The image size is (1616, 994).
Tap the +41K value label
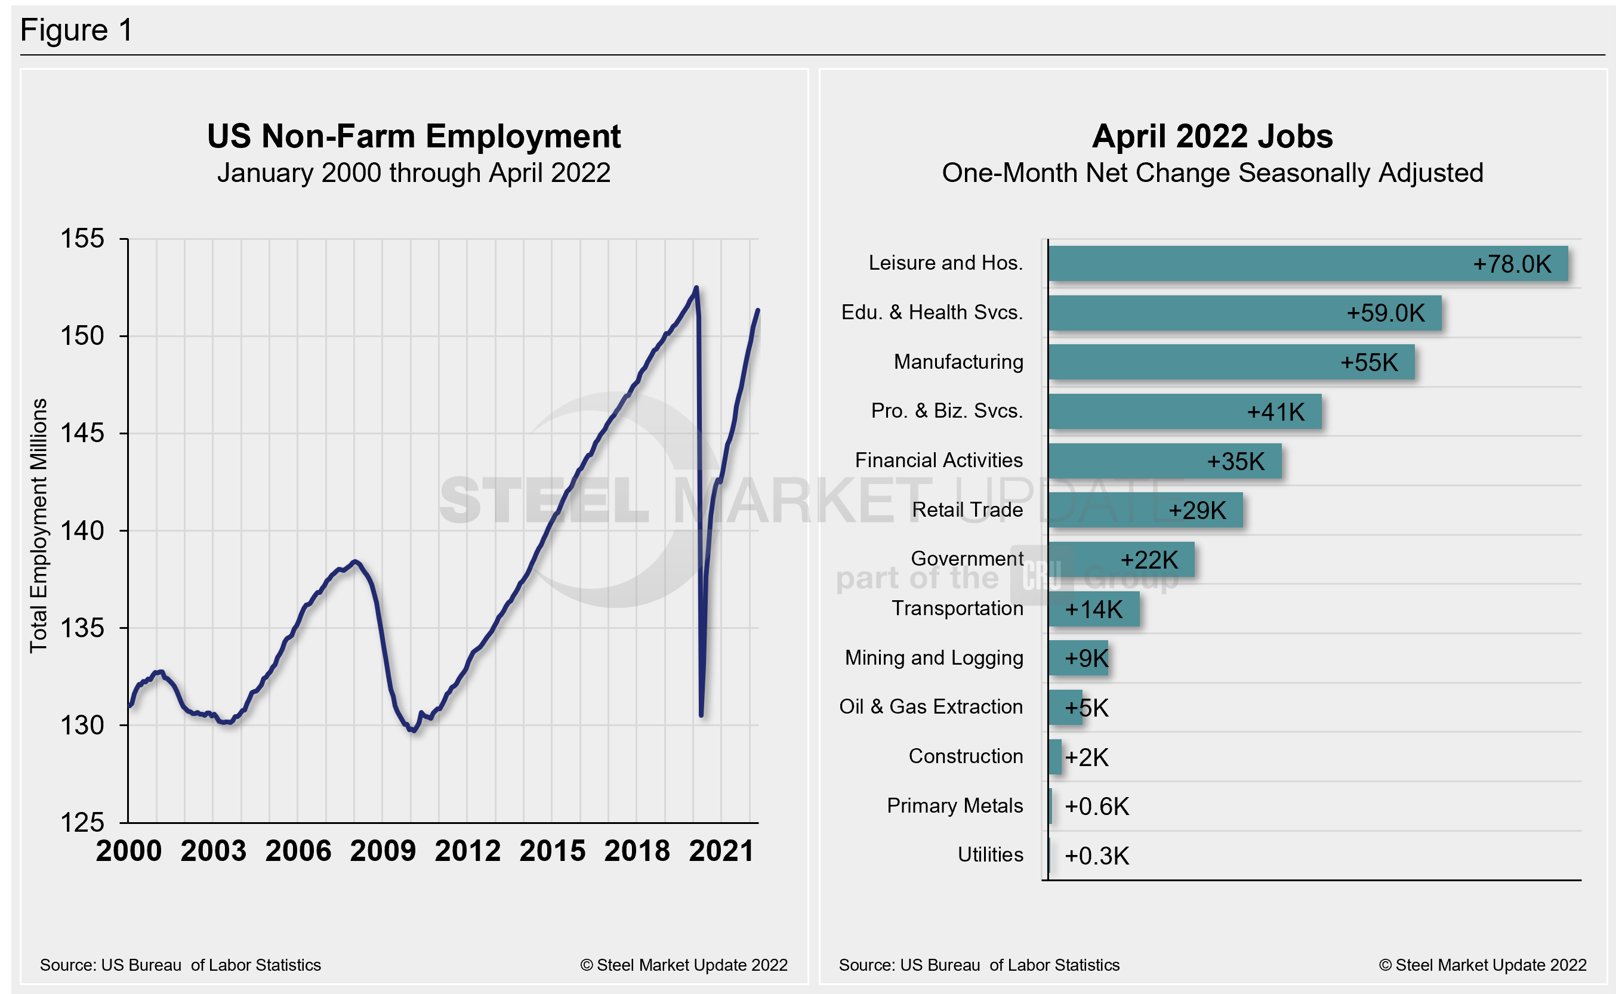(x=1275, y=412)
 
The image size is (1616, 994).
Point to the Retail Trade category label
(x=967, y=510)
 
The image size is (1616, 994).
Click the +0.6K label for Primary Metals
(x=1096, y=807)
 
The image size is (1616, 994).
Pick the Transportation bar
(x=1093, y=609)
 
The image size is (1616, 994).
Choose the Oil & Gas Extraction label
(x=930, y=706)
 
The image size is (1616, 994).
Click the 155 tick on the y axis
(x=82, y=239)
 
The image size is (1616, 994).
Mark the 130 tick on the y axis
(x=82, y=726)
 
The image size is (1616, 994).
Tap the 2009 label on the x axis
(x=383, y=851)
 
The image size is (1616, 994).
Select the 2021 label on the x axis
(x=721, y=851)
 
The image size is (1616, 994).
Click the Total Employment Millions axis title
(x=39, y=525)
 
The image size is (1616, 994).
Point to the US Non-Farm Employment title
(x=414, y=136)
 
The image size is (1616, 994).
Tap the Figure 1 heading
(x=76, y=30)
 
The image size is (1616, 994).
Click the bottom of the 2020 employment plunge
(x=702, y=715)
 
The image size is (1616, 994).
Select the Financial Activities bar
(x=1164, y=461)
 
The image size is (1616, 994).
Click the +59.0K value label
(x=1385, y=313)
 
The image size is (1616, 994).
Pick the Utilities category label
(x=989, y=854)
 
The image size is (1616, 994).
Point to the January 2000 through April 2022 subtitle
(x=414, y=173)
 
